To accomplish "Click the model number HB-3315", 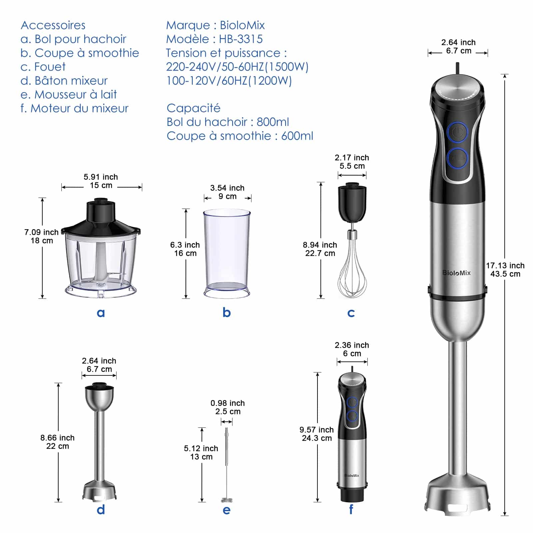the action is coord(241,39).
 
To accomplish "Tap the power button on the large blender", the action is coord(458,132).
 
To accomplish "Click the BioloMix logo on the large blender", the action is coord(456,273).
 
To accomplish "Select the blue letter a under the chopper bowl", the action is coord(101,313).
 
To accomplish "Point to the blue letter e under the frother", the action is coord(227,510).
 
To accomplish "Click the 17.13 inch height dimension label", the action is coord(505,266).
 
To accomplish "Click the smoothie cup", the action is coord(227,253).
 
